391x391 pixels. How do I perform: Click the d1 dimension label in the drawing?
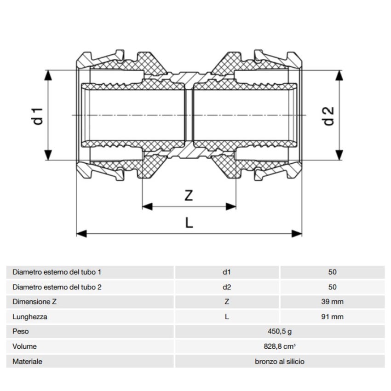point(37,116)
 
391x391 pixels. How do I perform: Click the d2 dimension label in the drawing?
point(328,116)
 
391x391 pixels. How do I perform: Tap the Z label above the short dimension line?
point(189,195)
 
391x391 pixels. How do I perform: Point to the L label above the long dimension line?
point(189,223)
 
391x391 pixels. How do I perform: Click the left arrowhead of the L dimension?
point(81,234)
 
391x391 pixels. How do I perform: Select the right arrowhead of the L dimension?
point(297,234)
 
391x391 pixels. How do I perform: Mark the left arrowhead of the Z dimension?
point(147,207)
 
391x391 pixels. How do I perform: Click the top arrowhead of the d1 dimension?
point(48,75)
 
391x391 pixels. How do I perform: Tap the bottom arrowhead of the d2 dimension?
point(339,155)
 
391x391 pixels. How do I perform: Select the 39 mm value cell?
point(332,302)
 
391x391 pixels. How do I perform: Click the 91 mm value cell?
point(332,316)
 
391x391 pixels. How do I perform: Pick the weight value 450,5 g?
point(280,331)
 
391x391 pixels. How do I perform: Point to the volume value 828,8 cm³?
point(280,346)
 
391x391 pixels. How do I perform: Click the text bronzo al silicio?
point(280,361)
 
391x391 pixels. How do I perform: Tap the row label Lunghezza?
point(30,317)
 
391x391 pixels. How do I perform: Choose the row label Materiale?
point(27,361)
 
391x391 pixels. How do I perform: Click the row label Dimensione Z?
point(34,302)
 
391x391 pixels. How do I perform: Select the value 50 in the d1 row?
point(332,272)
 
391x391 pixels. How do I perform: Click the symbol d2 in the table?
point(227,287)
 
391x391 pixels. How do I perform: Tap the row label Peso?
point(20,331)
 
